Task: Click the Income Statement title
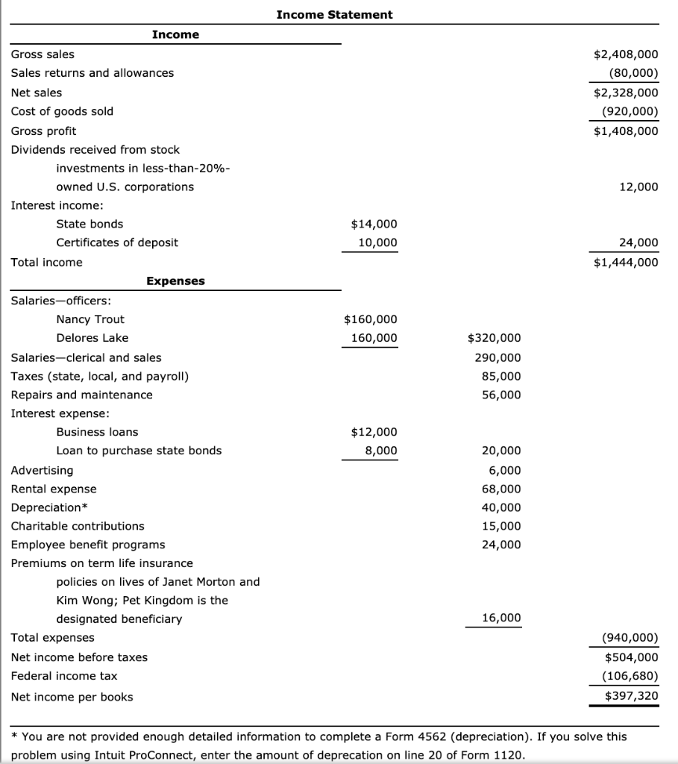[x=334, y=14]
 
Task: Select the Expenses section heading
[x=175, y=281]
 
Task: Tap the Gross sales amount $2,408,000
[x=626, y=54]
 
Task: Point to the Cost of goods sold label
[x=62, y=111]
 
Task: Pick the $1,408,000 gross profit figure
[x=626, y=131]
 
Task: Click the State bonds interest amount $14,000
[x=374, y=224]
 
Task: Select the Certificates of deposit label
[x=117, y=242]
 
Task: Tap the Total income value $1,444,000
[x=626, y=262]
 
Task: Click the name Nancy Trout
[x=90, y=319]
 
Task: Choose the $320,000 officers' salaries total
[x=494, y=338]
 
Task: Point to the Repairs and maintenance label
[x=81, y=395]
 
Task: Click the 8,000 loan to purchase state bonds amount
[x=380, y=451]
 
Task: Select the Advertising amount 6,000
[x=505, y=471]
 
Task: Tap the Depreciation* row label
[x=48, y=507]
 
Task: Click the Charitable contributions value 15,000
[x=501, y=526]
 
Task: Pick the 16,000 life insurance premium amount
[x=501, y=619]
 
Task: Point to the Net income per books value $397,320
[x=632, y=696]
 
